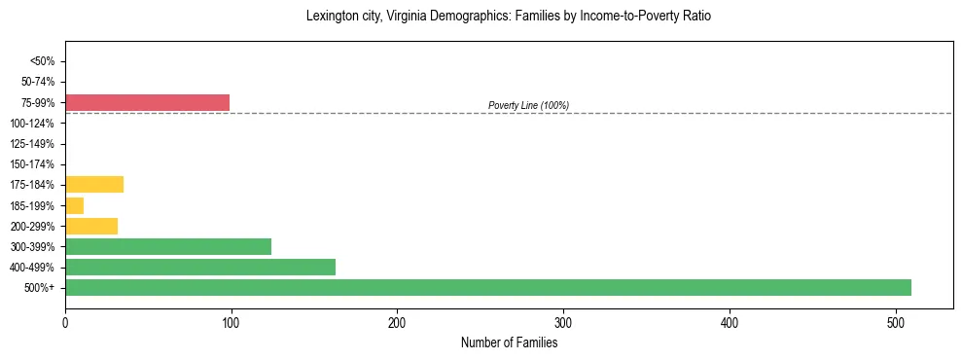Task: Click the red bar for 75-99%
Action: point(147,102)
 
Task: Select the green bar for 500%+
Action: point(487,287)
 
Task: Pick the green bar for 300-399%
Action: point(167,246)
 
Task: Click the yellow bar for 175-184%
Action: point(94,185)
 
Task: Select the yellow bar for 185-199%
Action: point(74,205)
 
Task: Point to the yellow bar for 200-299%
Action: point(91,226)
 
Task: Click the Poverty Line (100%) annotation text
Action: point(528,105)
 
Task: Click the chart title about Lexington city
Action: point(509,17)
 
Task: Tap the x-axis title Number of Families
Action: point(509,342)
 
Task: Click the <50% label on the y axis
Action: point(42,61)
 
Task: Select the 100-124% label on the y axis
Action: point(33,124)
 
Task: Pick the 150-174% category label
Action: point(33,164)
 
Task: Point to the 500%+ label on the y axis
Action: point(40,288)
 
